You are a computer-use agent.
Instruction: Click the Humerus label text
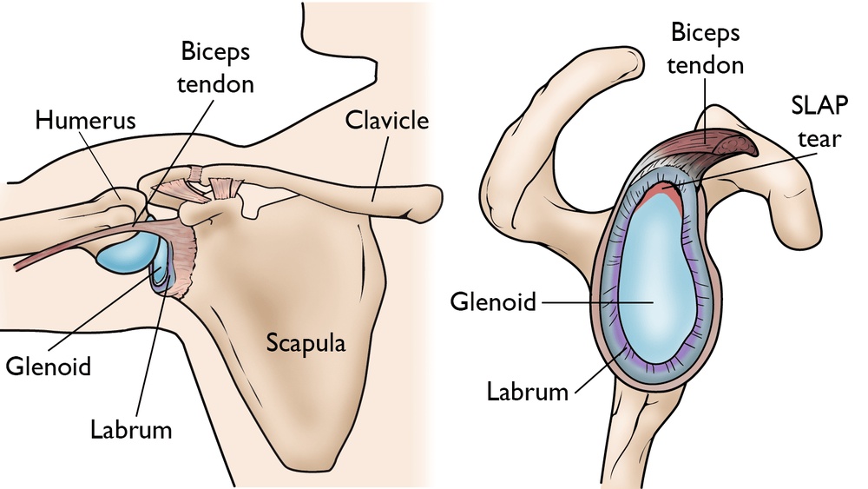[85, 121]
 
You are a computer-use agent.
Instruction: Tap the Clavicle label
[387, 120]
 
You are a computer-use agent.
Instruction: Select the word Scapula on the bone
[305, 342]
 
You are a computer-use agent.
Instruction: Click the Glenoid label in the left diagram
[49, 366]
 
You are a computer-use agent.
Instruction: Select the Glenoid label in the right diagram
[491, 301]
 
